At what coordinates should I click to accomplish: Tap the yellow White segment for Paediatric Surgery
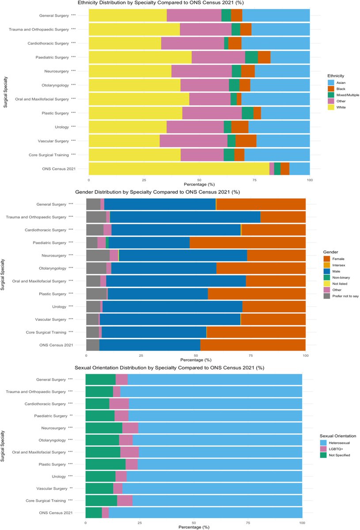click(x=140, y=57)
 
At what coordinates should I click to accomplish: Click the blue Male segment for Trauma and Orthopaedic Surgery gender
click(x=185, y=216)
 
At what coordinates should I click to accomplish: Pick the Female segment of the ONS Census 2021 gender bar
click(x=253, y=345)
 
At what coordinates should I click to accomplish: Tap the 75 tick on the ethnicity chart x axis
click(x=254, y=180)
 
